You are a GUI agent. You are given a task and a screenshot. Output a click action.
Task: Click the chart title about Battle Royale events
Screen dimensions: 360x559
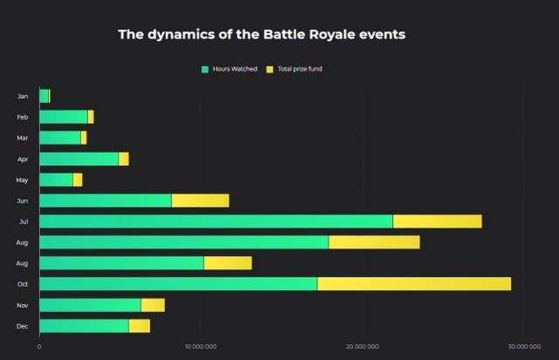(x=261, y=35)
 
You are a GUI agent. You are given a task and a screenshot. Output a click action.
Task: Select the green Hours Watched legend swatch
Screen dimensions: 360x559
(x=205, y=68)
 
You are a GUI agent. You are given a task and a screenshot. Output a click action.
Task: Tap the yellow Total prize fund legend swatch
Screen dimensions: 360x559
(x=270, y=68)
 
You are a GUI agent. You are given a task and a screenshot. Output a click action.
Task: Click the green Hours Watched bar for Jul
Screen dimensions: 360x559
(x=216, y=221)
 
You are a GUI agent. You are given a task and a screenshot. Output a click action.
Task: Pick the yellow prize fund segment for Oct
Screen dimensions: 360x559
(x=414, y=284)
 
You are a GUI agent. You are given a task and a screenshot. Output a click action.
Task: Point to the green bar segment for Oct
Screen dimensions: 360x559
(x=178, y=284)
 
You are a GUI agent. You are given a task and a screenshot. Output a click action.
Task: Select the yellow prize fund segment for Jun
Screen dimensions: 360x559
(x=200, y=200)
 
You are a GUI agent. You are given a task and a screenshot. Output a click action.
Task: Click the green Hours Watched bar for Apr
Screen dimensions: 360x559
(x=79, y=159)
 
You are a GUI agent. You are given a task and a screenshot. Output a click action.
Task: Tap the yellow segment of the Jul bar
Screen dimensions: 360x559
(x=437, y=221)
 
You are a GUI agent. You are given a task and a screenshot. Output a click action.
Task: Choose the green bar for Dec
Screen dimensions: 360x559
(x=84, y=326)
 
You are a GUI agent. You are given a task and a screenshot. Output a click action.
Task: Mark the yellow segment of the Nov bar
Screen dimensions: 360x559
(x=152, y=305)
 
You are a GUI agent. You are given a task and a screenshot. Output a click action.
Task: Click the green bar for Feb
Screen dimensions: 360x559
(x=64, y=117)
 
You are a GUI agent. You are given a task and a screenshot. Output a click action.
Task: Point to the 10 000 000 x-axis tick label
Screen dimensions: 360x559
(x=201, y=347)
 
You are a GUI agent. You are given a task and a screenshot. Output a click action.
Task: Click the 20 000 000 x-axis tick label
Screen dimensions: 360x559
(x=362, y=347)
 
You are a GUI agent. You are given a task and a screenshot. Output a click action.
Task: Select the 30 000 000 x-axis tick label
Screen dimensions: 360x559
(x=522, y=347)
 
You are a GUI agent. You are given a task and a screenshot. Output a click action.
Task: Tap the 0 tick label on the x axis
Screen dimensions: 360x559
(x=39, y=347)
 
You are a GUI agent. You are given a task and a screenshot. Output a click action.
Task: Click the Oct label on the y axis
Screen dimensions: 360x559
(x=23, y=284)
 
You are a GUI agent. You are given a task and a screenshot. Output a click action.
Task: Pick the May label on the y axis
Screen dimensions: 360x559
(x=23, y=180)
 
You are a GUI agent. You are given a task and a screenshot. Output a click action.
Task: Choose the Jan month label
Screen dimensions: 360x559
(x=23, y=96)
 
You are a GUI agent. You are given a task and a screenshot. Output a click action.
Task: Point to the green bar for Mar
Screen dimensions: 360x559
(x=59, y=138)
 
